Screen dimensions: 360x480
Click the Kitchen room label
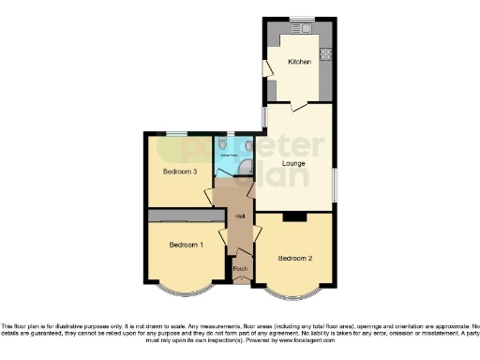(x=299, y=62)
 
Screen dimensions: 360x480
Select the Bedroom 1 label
(x=186, y=246)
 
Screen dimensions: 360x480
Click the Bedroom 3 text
(x=179, y=172)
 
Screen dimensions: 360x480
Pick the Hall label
(x=241, y=217)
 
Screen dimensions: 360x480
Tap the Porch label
(x=241, y=274)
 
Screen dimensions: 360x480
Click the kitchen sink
(x=307, y=28)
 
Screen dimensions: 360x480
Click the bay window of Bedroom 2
(x=294, y=294)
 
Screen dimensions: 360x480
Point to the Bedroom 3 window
(x=175, y=134)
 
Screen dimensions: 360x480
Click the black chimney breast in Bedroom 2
(x=294, y=217)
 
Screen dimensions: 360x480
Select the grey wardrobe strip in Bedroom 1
(x=182, y=216)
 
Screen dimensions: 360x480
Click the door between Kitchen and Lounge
(x=298, y=107)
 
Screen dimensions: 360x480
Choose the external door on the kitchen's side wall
(x=268, y=67)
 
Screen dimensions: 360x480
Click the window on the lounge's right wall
(x=335, y=181)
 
